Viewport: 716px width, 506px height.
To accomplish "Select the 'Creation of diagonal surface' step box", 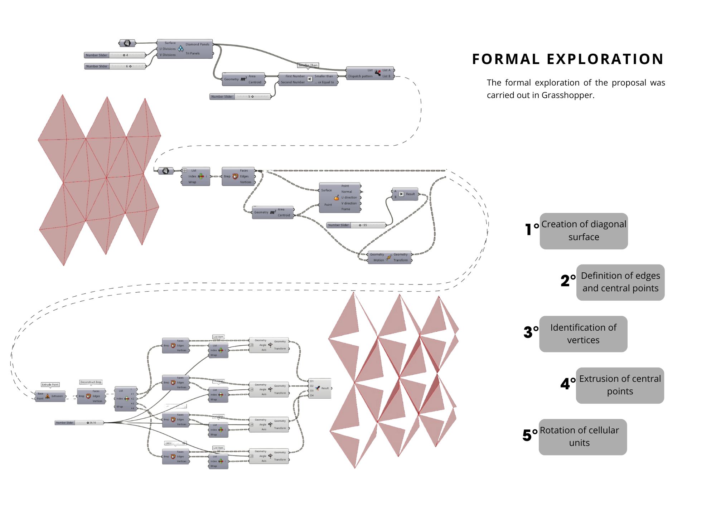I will click(x=584, y=231).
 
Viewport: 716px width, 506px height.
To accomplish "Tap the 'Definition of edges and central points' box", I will click(x=620, y=282).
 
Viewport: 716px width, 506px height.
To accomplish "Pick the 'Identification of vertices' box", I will click(x=583, y=334).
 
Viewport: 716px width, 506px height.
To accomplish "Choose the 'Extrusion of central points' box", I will click(x=620, y=385).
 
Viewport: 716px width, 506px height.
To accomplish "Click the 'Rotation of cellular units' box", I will click(x=582, y=437).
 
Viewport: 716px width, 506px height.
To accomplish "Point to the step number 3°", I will click(x=531, y=332).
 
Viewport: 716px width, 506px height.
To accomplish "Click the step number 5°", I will click(x=530, y=435).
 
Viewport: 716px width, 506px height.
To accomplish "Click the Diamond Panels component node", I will click(x=185, y=49).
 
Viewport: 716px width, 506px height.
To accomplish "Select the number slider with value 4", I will click(x=115, y=55).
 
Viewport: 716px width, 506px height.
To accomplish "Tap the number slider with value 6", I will click(x=115, y=66).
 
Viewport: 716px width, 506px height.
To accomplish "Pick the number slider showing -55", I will click(x=356, y=225).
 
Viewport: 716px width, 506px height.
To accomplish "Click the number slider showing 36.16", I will click(x=79, y=423).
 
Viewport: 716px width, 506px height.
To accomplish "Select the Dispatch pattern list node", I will click(x=370, y=73).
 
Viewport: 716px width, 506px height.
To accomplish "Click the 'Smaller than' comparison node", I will click(x=308, y=79).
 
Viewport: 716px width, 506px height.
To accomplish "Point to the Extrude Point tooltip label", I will click(x=50, y=385).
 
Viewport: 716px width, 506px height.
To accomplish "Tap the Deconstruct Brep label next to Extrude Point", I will click(x=91, y=382).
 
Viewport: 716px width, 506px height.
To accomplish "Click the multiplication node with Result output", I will click(x=405, y=194).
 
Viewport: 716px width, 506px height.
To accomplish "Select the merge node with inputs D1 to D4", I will click(x=320, y=388).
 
